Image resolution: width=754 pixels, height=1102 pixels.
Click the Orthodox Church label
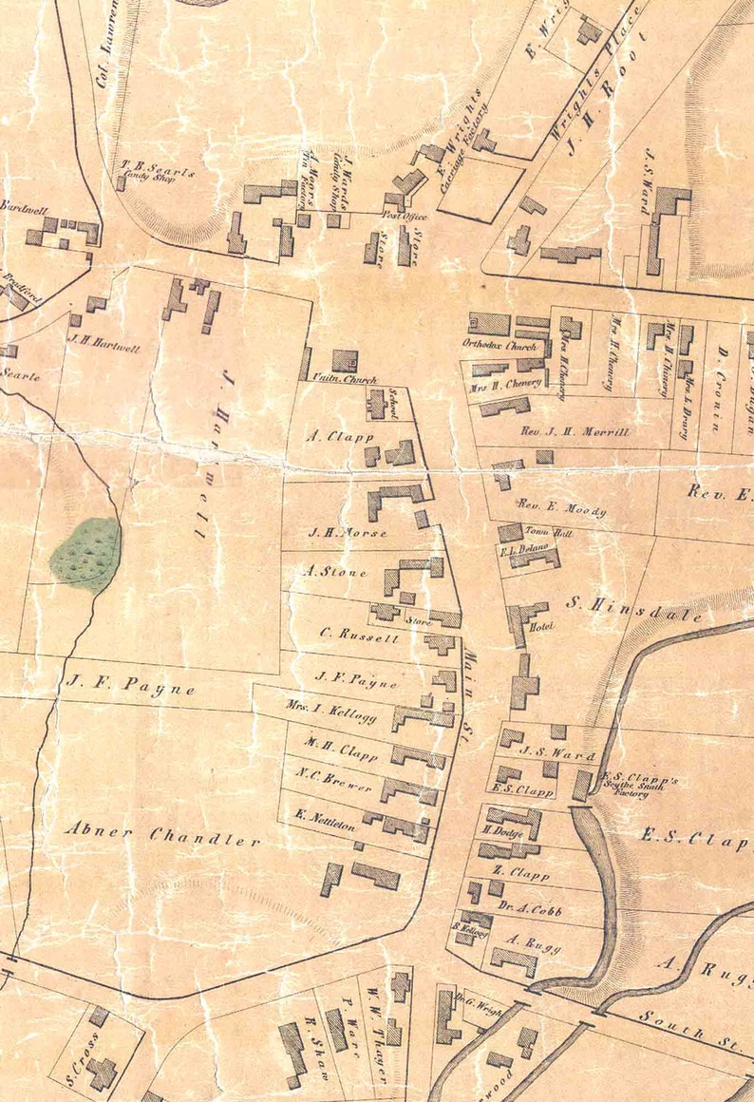(x=486, y=345)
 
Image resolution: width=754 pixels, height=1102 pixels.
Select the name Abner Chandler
(x=162, y=835)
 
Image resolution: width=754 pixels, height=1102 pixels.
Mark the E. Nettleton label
(x=325, y=820)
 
